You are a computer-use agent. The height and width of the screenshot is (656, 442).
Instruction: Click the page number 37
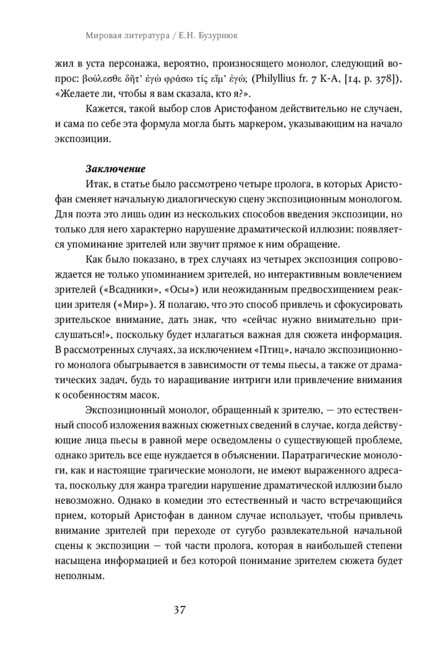point(179,610)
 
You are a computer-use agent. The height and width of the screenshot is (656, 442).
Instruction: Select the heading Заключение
point(115,169)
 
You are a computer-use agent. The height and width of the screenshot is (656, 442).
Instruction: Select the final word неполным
point(78,575)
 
